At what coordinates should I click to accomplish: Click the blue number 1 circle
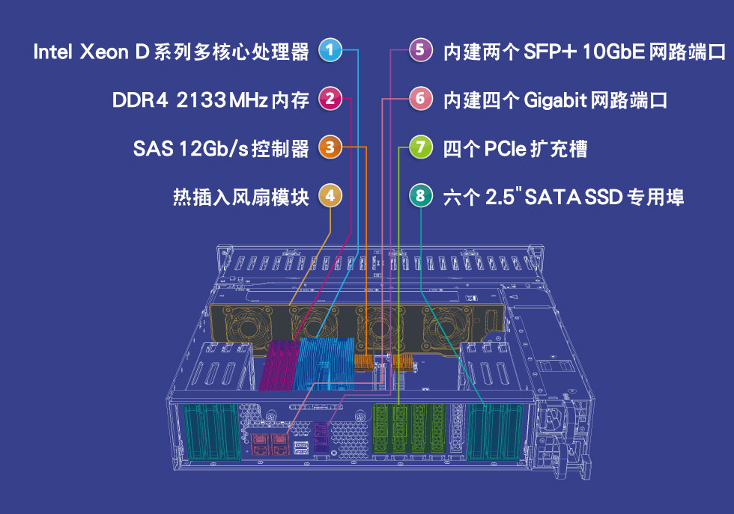pyautogui.click(x=330, y=51)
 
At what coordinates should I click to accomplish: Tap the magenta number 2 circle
pyautogui.click(x=330, y=99)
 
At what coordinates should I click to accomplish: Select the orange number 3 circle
pyautogui.click(x=330, y=147)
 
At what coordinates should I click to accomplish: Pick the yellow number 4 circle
pyautogui.click(x=330, y=196)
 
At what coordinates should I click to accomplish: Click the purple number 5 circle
pyautogui.click(x=421, y=51)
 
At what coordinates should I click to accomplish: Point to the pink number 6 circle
pyautogui.click(x=421, y=99)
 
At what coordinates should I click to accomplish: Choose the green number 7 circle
pyautogui.click(x=421, y=147)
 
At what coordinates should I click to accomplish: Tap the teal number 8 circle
pyautogui.click(x=421, y=196)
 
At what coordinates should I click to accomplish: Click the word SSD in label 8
pyautogui.click(x=603, y=198)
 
